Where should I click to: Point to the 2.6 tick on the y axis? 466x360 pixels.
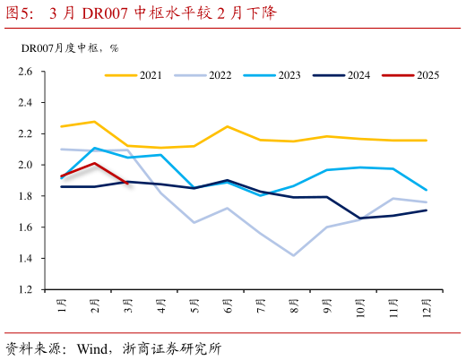click(x=25, y=72)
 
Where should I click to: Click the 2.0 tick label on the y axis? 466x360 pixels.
click(x=25, y=165)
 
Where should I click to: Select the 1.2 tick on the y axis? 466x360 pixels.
click(x=25, y=290)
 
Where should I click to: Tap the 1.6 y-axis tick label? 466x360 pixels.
click(x=25, y=227)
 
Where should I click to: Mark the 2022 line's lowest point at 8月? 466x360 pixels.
click(x=293, y=255)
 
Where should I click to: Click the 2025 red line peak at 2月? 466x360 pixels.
click(x=95, y=163)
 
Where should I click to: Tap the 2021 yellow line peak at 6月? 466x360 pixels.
click(x=228, y=126)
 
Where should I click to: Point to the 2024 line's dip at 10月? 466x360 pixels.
click(x=359, y=218)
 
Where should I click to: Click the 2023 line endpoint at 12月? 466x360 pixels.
click(x=426, y=190)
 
